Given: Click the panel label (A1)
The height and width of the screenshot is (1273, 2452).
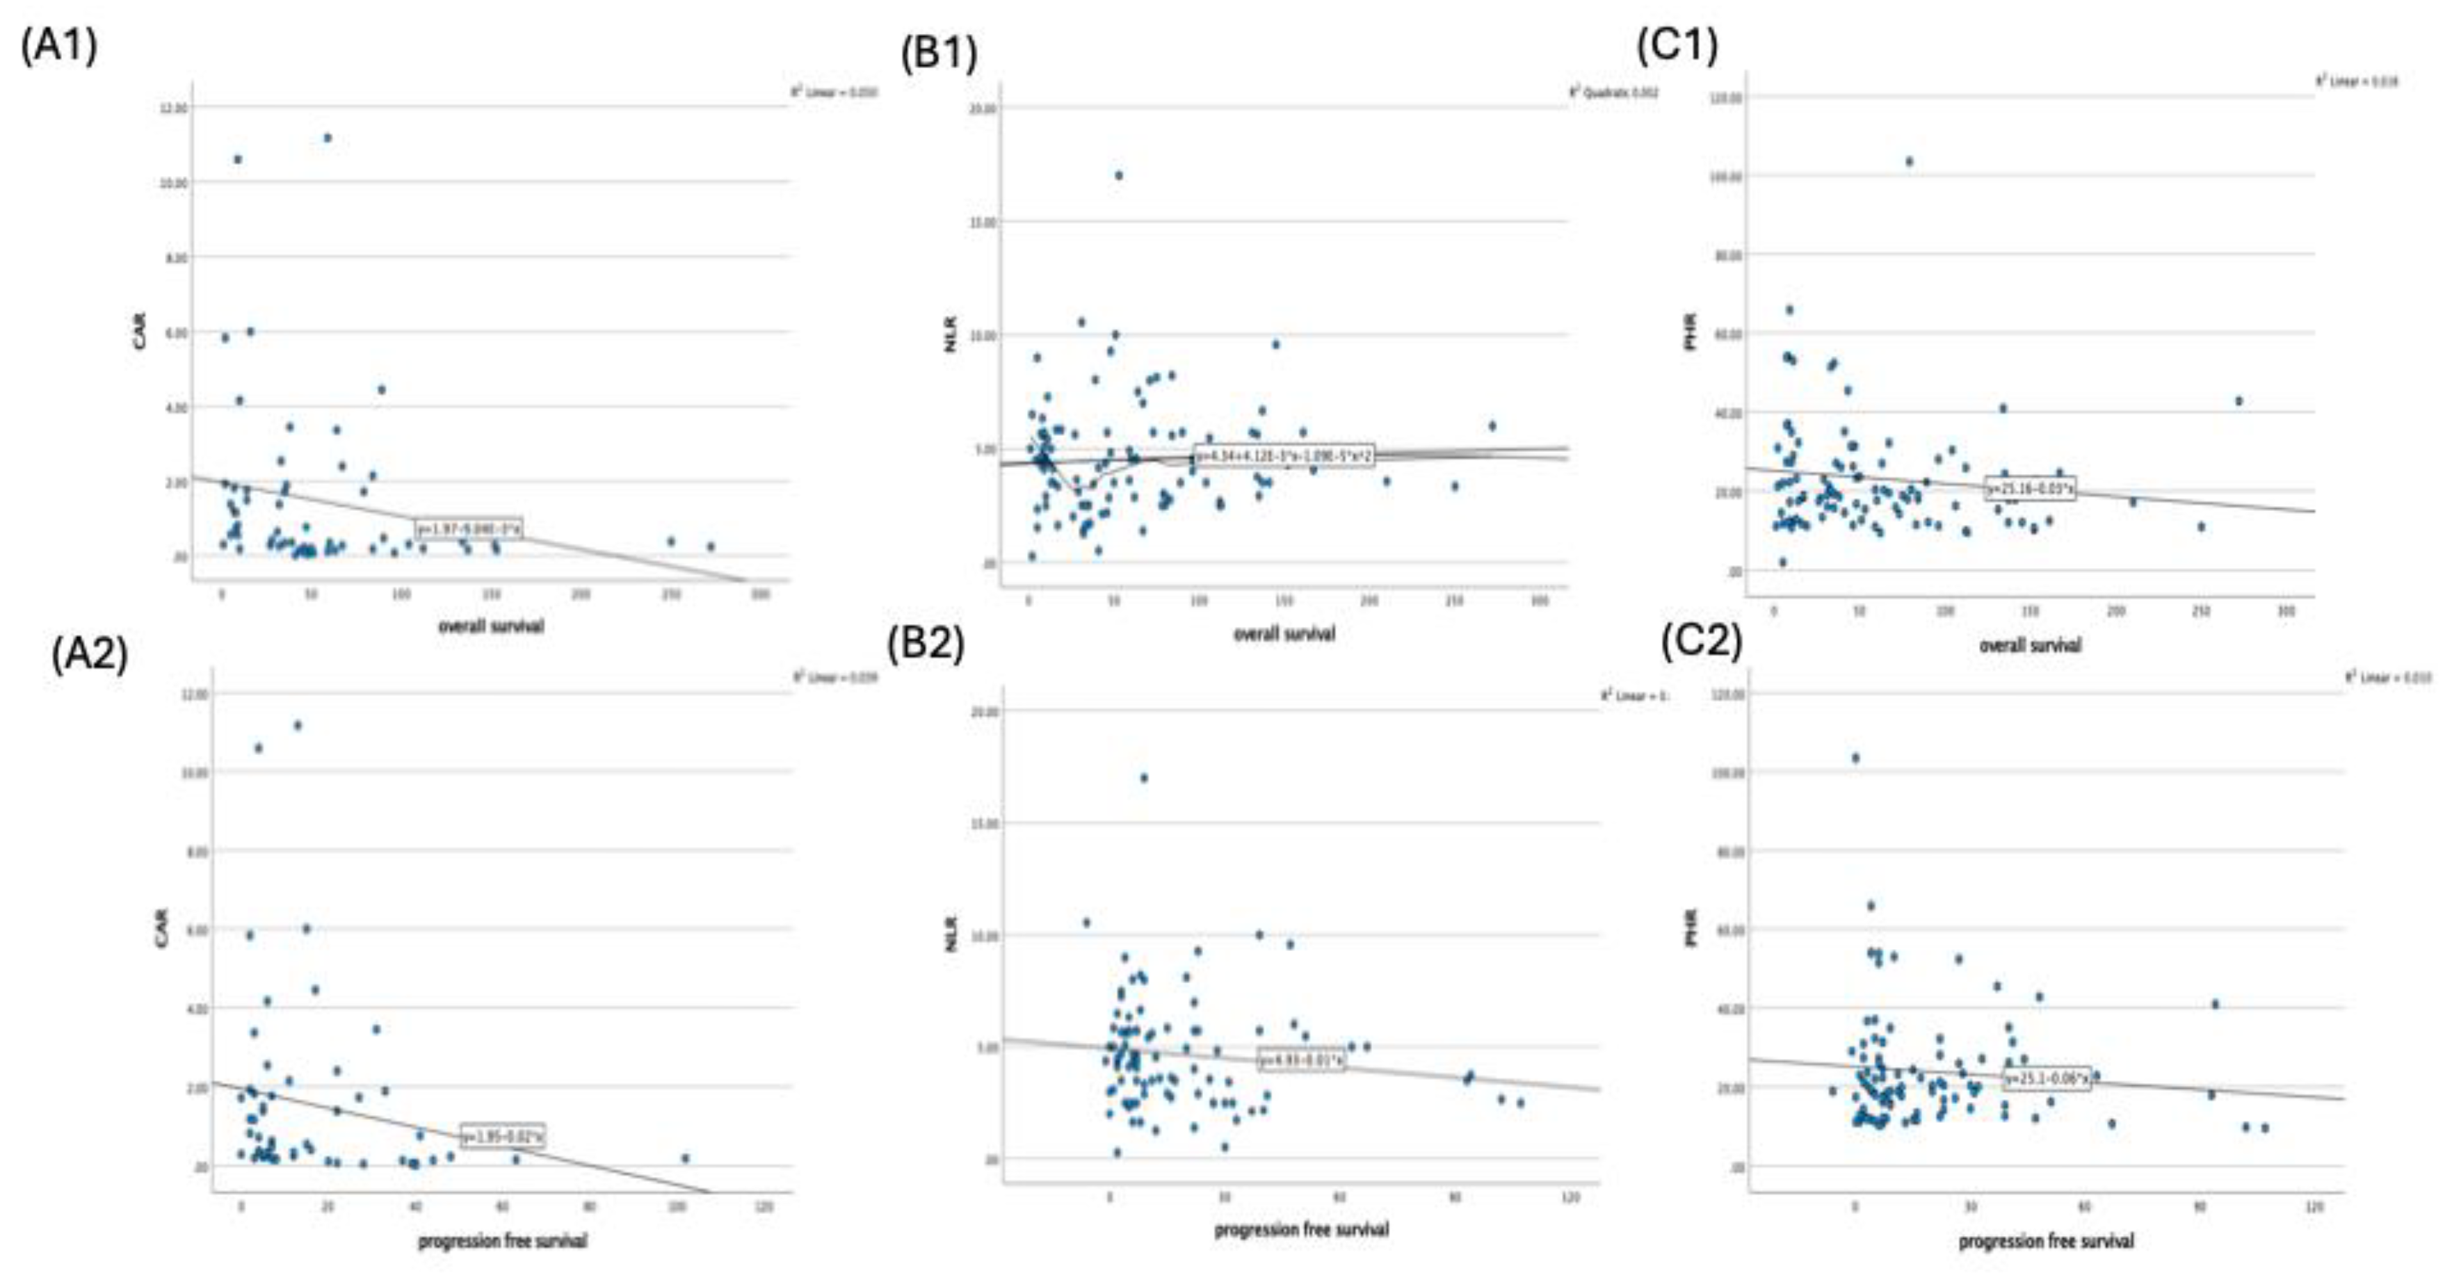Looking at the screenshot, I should tap(59, 46).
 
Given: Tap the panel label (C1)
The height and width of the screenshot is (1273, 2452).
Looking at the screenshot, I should tap(1677, 46).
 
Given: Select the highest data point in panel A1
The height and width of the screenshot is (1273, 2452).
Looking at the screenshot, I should tap(328, 138).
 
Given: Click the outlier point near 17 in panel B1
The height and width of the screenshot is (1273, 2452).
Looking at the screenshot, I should tap(1118, 175).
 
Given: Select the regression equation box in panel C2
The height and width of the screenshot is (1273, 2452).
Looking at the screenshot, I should tap(2047, 1078).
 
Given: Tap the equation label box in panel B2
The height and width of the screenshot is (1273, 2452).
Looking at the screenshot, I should tap(1301, 1059).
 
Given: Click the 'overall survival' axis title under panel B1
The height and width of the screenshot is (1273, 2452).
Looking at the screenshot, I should tap(1284, 633).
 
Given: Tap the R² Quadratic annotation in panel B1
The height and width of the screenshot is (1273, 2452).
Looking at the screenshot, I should tap(1613, 92).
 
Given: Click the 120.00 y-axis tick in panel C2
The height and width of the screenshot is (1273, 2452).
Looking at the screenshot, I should tap(1727, 695).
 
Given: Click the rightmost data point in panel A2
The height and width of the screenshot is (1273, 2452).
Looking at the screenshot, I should tap(684, 1158).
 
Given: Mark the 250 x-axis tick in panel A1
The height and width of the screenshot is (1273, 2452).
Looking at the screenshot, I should tap(671, 594).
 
